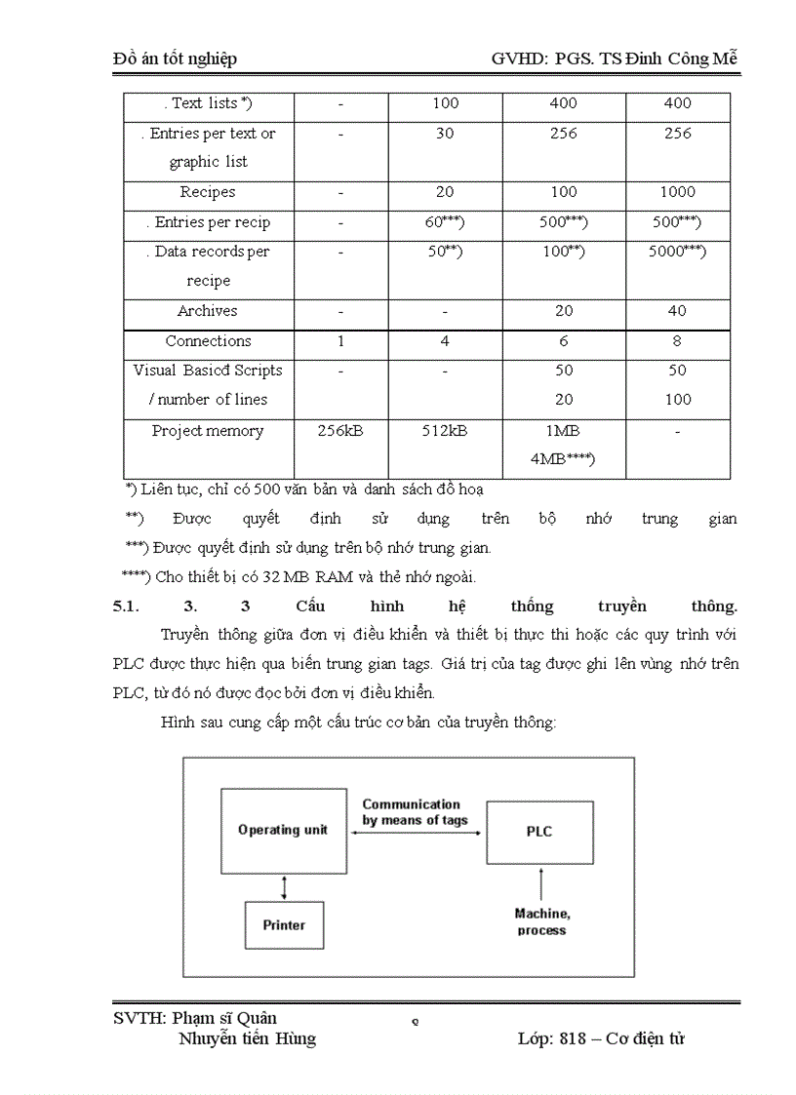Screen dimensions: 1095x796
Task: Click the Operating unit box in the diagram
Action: (x=283, y=830)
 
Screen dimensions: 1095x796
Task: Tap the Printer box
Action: (x=283, y=924)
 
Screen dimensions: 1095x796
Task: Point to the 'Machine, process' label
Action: (x=542, y=921)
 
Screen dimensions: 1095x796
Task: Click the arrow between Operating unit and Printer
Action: (x=284, y=887)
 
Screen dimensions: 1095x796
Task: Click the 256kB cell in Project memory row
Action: (x=340, y=430)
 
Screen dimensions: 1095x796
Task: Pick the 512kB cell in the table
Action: (x=444, y=430)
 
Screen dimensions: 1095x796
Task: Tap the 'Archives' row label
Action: (x=208, y=311)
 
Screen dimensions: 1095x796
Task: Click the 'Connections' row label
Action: (x=208, y=341)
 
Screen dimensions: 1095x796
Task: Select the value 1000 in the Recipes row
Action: (x=677, y=192)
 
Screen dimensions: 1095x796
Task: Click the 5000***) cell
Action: (x=677, y=252)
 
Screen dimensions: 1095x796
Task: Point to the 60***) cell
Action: (x=444, y=222)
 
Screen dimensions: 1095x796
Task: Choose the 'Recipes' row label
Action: (x=208, y=192)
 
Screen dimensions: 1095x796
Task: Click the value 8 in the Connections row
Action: (x=677, y=341)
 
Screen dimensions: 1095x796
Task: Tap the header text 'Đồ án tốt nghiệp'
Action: (x=176, y=59)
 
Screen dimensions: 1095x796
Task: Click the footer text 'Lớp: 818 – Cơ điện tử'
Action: (x=601, y=1038)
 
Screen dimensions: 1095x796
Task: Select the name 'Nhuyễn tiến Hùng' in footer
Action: (x=248, y=1038)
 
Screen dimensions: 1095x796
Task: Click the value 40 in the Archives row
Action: (x=677, y=311)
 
